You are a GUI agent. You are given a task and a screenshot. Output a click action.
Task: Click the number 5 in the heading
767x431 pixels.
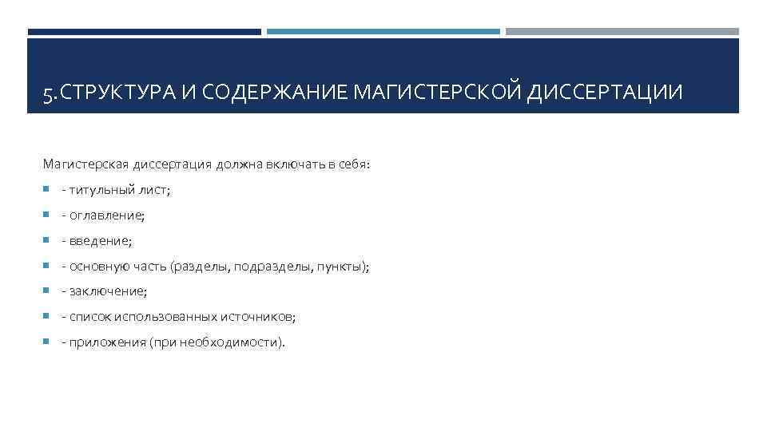coord(48,94)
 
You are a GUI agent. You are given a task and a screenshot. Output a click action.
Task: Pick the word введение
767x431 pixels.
coord(100,240)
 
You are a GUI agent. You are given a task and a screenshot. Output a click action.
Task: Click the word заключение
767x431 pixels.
coord(108,291)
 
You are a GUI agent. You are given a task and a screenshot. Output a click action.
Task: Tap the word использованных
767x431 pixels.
coord(165,317)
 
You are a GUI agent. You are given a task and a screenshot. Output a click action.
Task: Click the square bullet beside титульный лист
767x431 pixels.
coord(46,191)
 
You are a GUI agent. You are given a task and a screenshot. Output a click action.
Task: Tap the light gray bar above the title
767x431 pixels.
coord(622,32)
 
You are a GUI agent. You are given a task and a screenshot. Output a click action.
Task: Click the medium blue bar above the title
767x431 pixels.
coord(383,32)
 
